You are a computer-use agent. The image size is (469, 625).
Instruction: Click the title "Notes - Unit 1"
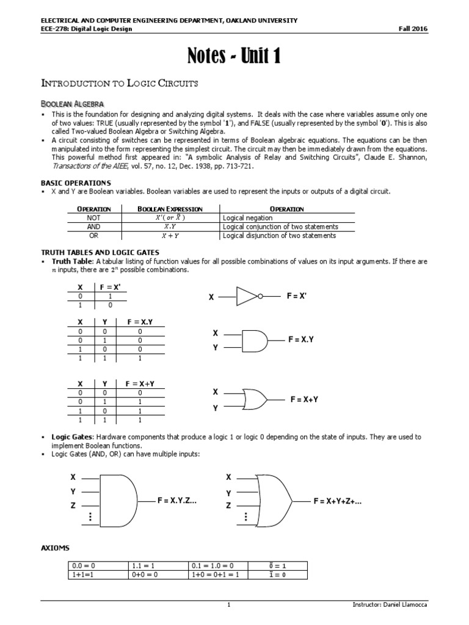pos(234,56)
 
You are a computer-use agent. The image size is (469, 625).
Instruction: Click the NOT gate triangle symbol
pos(247,297)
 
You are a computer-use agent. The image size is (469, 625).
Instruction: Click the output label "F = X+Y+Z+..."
pos(338,500)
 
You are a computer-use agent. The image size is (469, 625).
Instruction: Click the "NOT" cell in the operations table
pos(93,218)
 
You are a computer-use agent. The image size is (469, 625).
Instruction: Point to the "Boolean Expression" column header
pos(170,209)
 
